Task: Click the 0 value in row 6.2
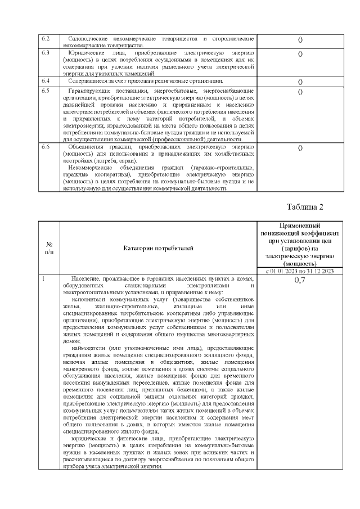pyautogui.click(x=300, y=40)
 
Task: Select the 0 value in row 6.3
pyautogui.click(x=300, y=54)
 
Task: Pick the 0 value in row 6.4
pyautogui.click(x=300, y=82)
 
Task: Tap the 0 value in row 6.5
pyautogui.click(x=300, y=92)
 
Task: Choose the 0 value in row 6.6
pyautogui.click(x=300, y=148)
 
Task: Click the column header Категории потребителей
pyautogui.click(x=158, y=247)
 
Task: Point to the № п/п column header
pyautogui.click(x=49, y=247)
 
